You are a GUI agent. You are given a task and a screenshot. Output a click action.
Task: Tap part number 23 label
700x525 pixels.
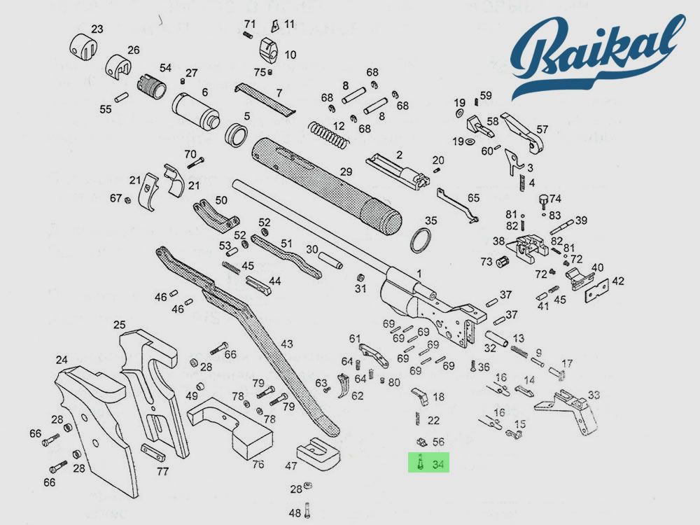pyautogui.click(x=97, y=29)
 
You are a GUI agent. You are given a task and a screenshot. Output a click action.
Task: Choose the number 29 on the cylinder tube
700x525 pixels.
pyautogui.click(x=346, y=171)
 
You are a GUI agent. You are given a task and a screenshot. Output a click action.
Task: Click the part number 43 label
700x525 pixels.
pyautogui.click(x=287, y=344)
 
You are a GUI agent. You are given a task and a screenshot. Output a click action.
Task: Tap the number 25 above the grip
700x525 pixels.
pyautogui.click(x=120, y=325)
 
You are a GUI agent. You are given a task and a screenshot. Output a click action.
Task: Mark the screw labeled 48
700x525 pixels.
pyautogui.click(x=295, y=513)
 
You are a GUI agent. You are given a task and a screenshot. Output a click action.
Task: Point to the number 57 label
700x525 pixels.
pyautogui.click(x=542, y=129)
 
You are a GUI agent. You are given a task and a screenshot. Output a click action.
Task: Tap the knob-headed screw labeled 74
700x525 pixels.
pyautogui.click(x=544, y=202)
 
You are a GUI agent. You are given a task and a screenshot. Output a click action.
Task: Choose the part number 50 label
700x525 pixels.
pyautogui.click(x=221, y=199)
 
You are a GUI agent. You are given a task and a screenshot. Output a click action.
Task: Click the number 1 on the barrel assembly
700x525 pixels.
pyautogui.click(x=419, y=274)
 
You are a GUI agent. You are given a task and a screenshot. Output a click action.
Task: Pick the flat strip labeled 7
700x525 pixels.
pyautogui.click(x=265, y=98)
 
